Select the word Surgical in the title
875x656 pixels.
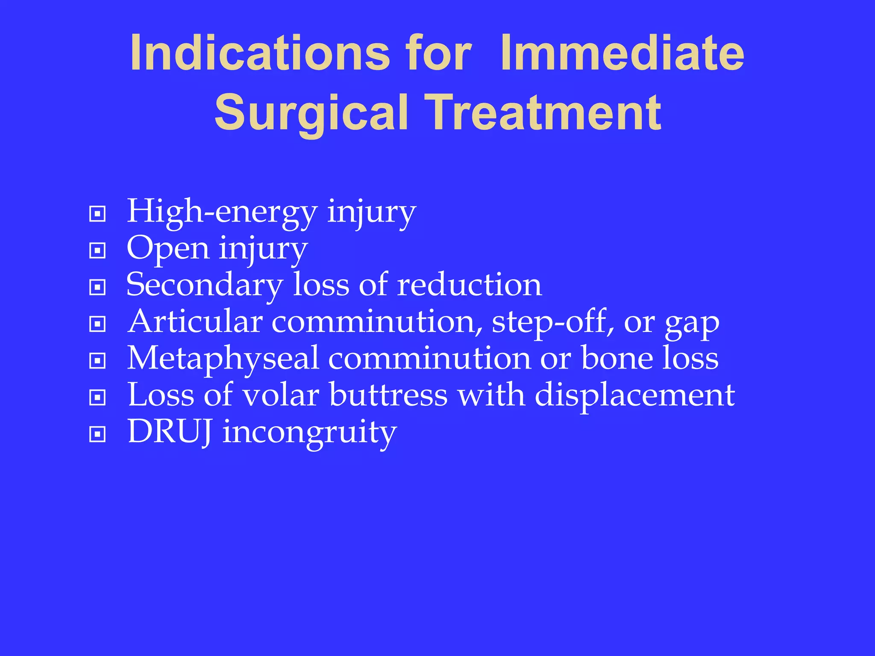[x=311, y=113]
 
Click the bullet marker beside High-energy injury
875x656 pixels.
[x=97, y=213]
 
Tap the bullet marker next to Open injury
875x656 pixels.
[x=97, y=250]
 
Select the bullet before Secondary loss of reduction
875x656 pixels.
[x=97, y=287]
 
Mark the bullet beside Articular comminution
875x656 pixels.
[x=97, y=324]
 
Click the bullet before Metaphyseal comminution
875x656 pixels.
[x=97, y=361]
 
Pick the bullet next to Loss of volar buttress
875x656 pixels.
[x=97, y=398]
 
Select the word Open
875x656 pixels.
[x=168, y=249]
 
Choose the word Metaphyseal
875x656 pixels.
[x=223, y=359]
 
